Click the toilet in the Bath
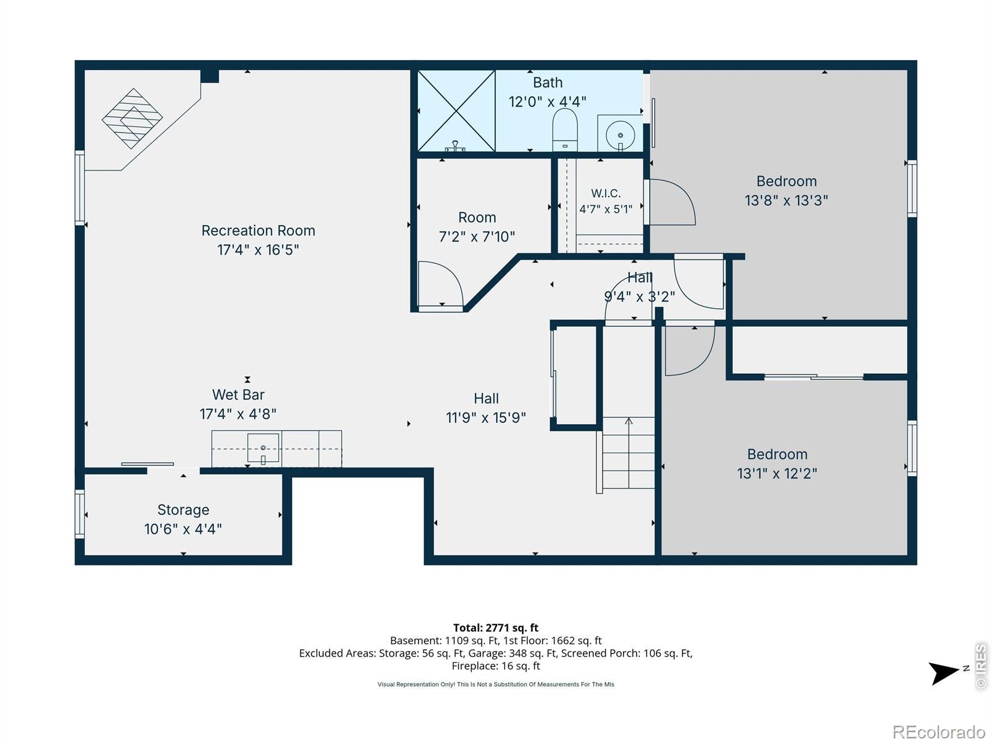coord(564,130)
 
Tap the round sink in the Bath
coord(620,135)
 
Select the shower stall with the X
coord(456,111)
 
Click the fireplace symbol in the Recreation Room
coord(132,118)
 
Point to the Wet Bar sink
coord(263,448)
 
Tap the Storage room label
coord(183,510)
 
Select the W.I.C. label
coord(606,193)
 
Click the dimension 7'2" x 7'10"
coord(477,236)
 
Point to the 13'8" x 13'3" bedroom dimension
coord(786,200)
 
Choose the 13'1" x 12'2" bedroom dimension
coord(777,474)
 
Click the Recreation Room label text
coord(258,231)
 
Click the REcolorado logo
coord(939,732)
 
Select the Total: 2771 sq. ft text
coord(496,627)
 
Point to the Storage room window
coord(79,514)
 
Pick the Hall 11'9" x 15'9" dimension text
coord(486,417)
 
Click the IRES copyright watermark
coord(980,666)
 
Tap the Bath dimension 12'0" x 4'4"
coord(547,102)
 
